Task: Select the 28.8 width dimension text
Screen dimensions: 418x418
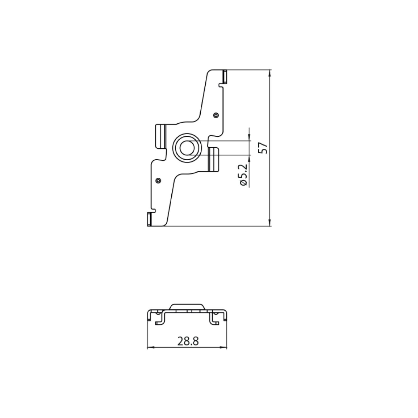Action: click(x=188, y=341)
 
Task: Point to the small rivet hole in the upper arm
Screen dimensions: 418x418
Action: click(x=216, y=115)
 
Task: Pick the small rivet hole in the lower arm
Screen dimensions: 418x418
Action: click(x=158, y=181)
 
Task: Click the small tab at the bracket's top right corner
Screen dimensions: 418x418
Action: click(x=224, y=76)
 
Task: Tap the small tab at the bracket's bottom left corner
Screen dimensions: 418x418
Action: click(x=149, y=219)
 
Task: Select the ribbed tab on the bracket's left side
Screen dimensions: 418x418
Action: click(x=161, y=136)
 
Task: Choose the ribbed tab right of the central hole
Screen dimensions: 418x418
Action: click(x=214, y=159)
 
